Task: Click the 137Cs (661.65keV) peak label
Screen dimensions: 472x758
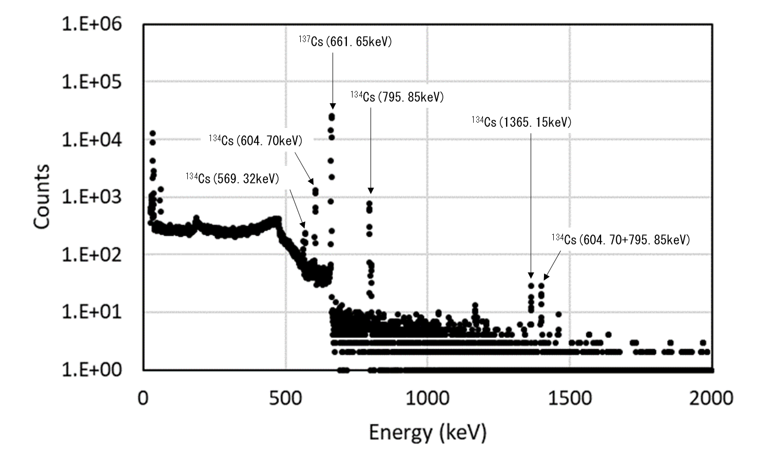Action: (345, 42)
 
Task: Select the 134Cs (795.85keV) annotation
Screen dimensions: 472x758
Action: (397, 97)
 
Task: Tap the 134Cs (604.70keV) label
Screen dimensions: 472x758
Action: (255, 140)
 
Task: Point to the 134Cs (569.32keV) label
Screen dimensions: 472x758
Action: (232, 178)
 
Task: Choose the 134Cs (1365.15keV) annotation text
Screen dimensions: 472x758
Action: (521, 122)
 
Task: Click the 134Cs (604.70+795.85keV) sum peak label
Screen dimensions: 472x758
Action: (620, 239)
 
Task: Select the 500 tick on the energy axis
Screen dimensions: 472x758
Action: (285, 398)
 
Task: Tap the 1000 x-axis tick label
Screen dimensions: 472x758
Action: (427, 398)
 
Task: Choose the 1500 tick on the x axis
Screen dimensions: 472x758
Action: (569, 398)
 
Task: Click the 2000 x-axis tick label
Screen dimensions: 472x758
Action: (711, 398)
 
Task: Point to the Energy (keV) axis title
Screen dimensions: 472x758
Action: (427, 432)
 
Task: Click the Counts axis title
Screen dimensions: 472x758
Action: (42, 196)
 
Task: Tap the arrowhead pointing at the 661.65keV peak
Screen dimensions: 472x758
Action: (333, 106)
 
